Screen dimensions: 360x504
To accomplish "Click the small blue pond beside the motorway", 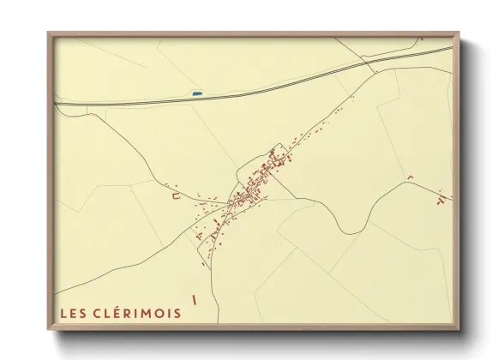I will [x=197, y=93].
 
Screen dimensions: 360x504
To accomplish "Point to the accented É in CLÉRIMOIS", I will [x=111, y=313].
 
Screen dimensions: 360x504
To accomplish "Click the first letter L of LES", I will [x=63, y=313].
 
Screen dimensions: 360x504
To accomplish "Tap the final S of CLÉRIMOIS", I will [x=177, y=313].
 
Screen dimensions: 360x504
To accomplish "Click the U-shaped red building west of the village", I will [x=177, y=196].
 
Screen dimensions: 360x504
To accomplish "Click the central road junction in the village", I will [x=233, y=204].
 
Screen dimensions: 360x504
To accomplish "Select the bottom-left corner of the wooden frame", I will [x=49, y=330].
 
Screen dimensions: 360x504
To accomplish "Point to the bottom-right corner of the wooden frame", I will [x=458, y=330].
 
